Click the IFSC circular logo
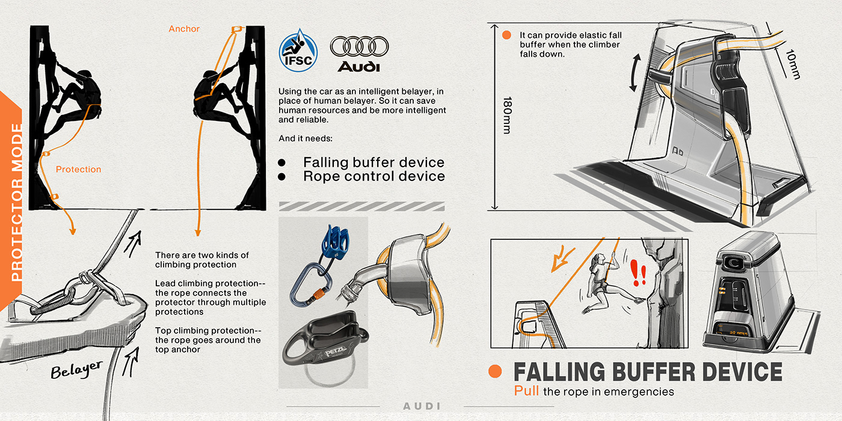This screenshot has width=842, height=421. coord(298,51)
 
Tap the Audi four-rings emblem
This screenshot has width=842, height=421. coord(360,46)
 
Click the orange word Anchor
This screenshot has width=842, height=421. coord(184,29)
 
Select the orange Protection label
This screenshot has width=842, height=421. coord(79,170)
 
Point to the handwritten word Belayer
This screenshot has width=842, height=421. coord(77,370)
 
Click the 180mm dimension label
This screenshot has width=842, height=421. coord(507,115)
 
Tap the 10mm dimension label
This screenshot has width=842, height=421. coord(793,64)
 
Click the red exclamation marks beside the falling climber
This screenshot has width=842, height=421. coord(638,272)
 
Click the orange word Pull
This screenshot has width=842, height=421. coord(526,391)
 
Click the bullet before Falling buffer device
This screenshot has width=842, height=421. coord(281,163)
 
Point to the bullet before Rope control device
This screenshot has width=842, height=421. coord(281,177)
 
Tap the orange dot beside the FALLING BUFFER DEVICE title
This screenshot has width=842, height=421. coord(495,372)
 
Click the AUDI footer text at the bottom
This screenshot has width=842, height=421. coord(422,407)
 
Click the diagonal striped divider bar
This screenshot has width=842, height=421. coord(361,206)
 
